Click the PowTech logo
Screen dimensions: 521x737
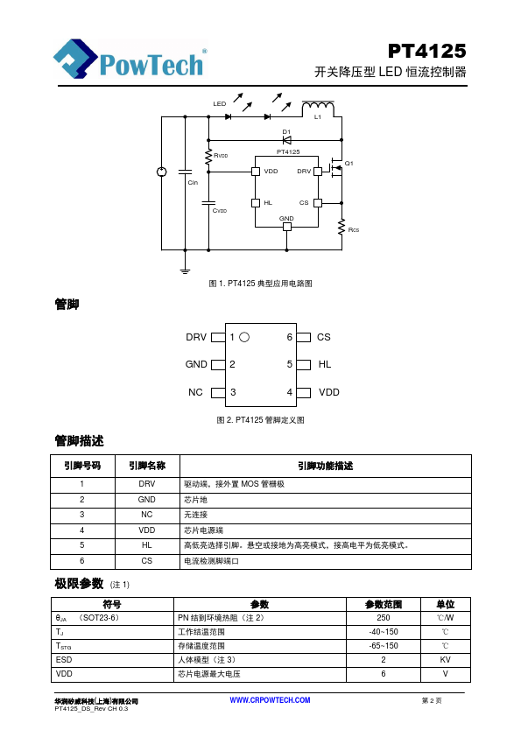pyautogui.click(x=130, y=59)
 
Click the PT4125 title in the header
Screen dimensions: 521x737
pyautogui.click(x=427, y=51)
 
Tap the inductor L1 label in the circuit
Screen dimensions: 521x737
pyautogui.click(x=318, y=117)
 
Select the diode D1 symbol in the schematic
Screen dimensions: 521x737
pyautogui.click(x=286, y=139)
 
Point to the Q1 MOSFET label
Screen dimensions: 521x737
pyautogui.click(x=349, y=163)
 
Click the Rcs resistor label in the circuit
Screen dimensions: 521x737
pyautogui.click(x=354, y=230)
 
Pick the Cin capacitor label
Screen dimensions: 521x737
pyautogui.click(x=193, y=182)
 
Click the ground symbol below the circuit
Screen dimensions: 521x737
pyautogui.click(x=186, y=270)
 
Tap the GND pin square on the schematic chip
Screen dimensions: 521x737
pyautogui.click(x=286, y=227)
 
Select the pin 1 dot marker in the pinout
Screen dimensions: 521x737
pyautogui.click(x=244, y=337)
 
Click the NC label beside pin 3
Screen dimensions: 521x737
pyautogui.click(x=195, y=392)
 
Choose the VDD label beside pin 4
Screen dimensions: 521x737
pyautogui.click(x=328, y=392)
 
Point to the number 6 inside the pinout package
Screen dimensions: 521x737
pyautogui.click(x=290, y=337)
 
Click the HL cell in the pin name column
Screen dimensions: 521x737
pyautogui.click(x=147, y=545)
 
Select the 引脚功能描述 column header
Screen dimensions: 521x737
pyautogui.click(x=326, y=466)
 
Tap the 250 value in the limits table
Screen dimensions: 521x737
pyautogui.click(x=384, y=618)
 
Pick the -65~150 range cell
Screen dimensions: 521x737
pyautogui.click(x=384, y=646)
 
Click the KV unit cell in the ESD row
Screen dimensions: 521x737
pyautogui.click(x=446, y=659)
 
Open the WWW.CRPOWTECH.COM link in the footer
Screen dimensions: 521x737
pyautogui.click(x=270, y=700)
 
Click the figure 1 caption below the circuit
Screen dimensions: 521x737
pyautogui.click(x=261, y=284)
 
